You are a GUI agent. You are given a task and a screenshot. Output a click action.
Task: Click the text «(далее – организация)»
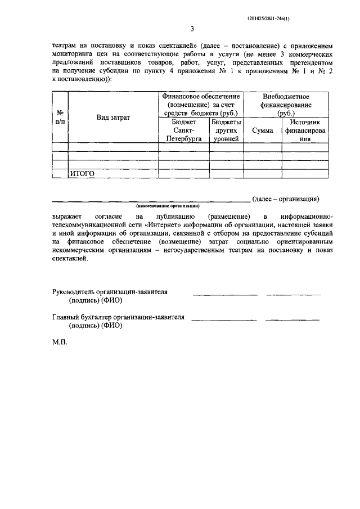[286, 199]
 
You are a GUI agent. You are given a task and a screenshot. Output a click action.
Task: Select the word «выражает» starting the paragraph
[67, 216]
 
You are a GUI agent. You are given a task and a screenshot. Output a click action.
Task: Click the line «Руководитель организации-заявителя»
[110, 292]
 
